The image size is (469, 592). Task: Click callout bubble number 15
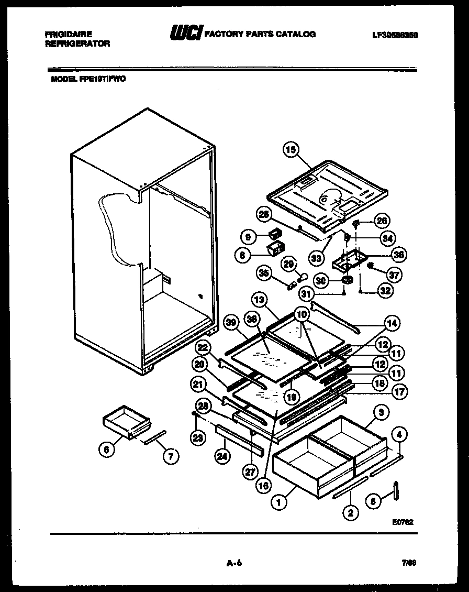[x=291, y=150]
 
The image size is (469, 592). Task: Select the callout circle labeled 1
[x=279, y=502]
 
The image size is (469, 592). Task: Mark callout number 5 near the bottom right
[x=373, y=501]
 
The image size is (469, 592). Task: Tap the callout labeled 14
[x=390, y=324]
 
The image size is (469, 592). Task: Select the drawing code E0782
[x=402, y=522]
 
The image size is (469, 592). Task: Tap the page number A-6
[x=234, y=564]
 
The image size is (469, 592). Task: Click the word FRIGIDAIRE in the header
[x=69, y=34]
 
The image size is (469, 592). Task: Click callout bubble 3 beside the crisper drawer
[x=382, y=413]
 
